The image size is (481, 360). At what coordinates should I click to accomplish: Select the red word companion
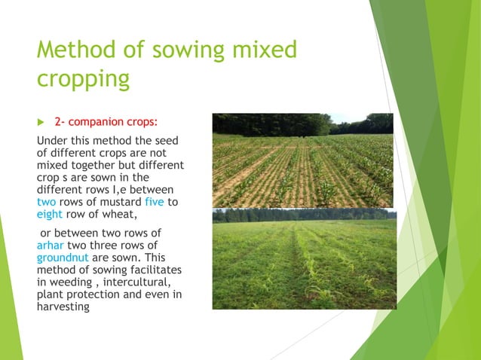click(x=99, y=121)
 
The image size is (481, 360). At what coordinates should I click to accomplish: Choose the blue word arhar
click(x=51, y=245)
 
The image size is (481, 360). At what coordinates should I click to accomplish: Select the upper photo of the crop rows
click(x=302, y=160)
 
